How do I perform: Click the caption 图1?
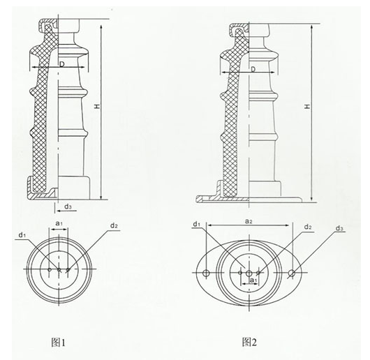coord(58,343)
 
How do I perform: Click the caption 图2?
coord(249,342)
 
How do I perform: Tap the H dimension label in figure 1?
coord(97,106)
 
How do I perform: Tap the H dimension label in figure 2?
coord(307,106)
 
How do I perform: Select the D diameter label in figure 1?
coord(62,64)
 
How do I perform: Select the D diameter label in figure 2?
coord(253,69)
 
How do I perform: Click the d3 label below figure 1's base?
coord(68,207)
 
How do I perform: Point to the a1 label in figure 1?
coord(59,223)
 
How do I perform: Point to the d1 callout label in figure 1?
coord(22,235)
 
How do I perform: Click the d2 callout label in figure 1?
coord(114,225)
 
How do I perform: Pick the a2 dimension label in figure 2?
coord(249,221)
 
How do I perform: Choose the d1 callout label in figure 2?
coord(197,224)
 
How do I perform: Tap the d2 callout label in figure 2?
coord(308,227)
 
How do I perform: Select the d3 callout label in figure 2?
coord(339,228)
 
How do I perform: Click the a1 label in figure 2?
coord(253,280)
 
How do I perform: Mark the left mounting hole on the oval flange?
coord(206,273)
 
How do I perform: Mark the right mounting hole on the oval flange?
coord(292,273)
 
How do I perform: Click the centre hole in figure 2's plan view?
coord(249,273)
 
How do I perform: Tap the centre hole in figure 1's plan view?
coord(59,269)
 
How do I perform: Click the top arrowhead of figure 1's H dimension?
coord(101,27)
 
